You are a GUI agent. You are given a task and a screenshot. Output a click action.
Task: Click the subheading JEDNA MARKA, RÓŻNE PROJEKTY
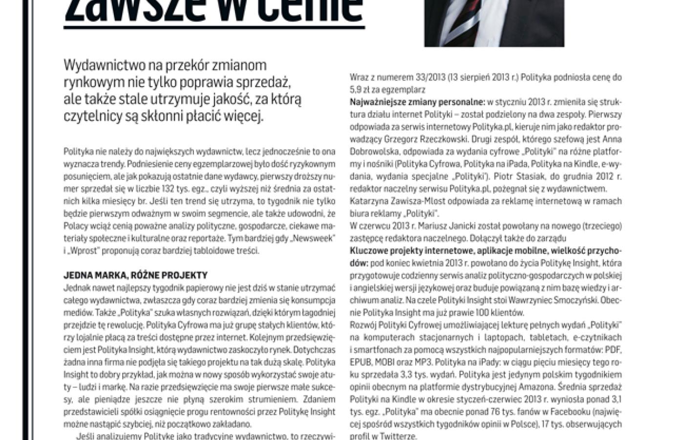135,275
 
